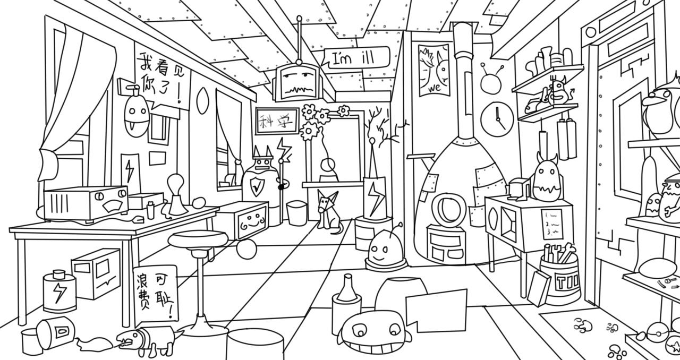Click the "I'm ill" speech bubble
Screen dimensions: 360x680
tap(357, 57)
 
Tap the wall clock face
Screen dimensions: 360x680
tap(497, 118)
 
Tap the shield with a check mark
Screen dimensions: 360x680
tap(257, 186)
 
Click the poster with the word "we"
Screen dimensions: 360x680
tap(434, 70)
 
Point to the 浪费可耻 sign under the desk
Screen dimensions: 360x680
tap(155, 295)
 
